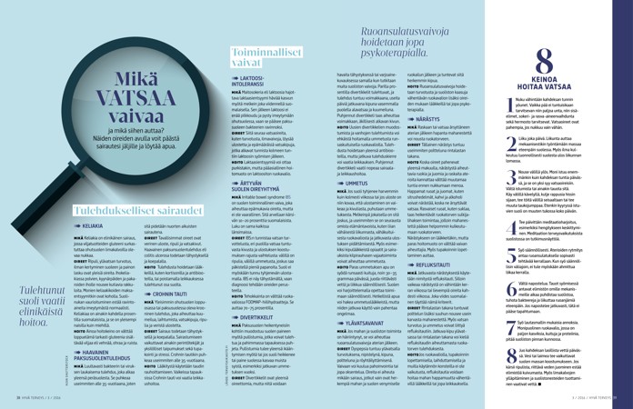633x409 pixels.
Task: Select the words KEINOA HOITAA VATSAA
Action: tap(542, 82)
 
